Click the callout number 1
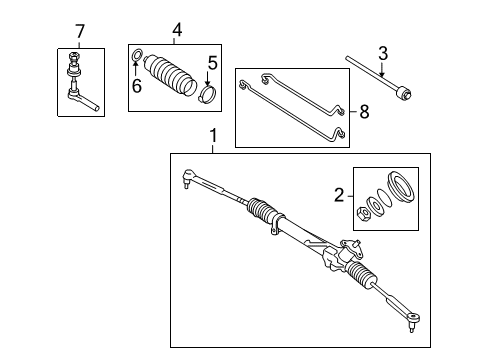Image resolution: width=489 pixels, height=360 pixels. (212, 134)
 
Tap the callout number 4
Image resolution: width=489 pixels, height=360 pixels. (177, 32)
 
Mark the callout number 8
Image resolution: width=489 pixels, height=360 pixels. (363, 113)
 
